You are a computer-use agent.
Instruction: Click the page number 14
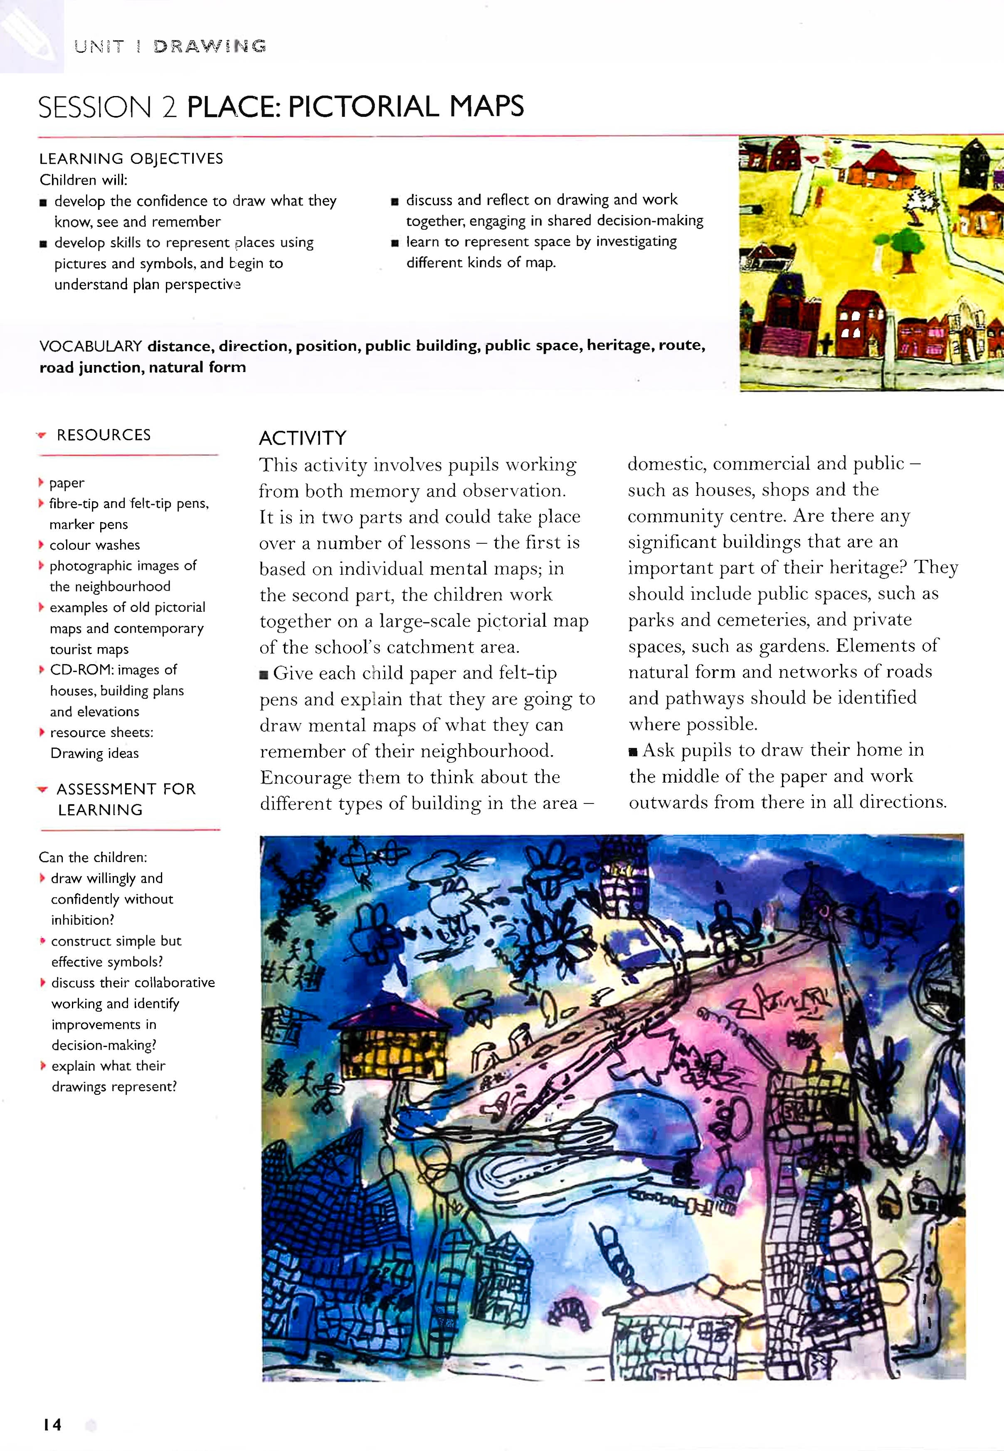pos(52,1424)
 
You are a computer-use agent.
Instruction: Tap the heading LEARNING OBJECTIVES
pos(131,158)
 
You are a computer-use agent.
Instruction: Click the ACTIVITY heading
pos(303,438)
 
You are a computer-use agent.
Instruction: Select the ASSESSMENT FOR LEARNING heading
pos(126,799)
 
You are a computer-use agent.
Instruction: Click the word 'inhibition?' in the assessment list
pos(82,920)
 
